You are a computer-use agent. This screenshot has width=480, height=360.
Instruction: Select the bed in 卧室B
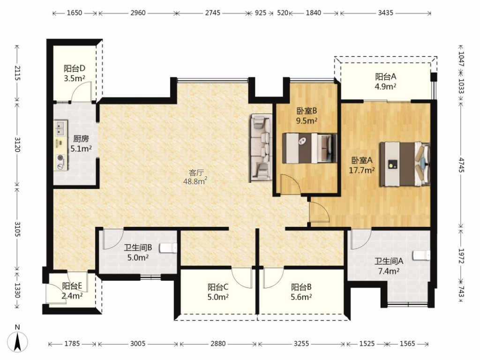[309, 149]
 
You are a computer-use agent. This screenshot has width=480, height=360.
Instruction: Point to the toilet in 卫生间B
[168, 247]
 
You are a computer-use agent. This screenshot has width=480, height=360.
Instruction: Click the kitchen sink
[60, 128]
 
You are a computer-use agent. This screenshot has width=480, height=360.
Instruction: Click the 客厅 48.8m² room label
[195, 177]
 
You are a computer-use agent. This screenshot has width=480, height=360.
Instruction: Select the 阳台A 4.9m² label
[386, 82]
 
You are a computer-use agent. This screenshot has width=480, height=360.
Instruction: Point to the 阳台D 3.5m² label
[75, 73]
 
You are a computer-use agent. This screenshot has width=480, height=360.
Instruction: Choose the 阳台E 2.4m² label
[72, 291]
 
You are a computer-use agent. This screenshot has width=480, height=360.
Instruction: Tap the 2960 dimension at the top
[138, 13]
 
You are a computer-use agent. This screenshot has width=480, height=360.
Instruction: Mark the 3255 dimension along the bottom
[301, 344]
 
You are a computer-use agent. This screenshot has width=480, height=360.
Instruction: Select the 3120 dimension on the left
[17, 144]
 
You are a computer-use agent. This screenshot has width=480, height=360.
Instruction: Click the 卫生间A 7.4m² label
[389, 266]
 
